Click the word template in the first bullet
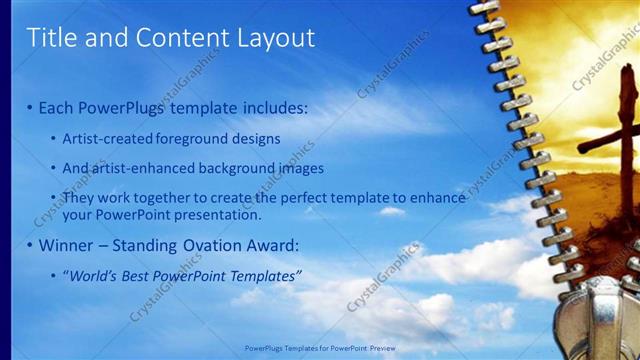click(221, 107)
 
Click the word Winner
click(67, 245)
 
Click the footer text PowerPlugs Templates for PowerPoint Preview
click(320, 348)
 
